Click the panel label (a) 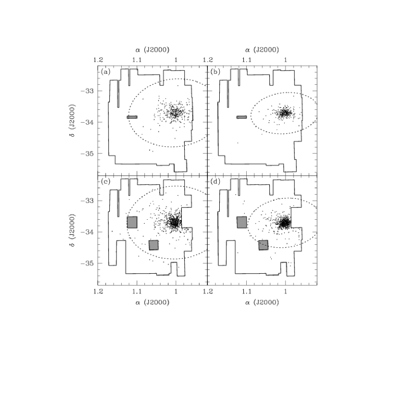[x=106, y=72]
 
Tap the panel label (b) [x=215, y=72]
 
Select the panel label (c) [x=106, y=181]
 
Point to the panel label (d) [x=215, y=181]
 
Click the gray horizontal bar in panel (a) [x=132, y=117]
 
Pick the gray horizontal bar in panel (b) [x=241, y=117]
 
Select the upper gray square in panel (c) [x=132, y=223]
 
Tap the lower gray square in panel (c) [x=153, y=245]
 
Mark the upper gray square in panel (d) [x=242, y=223]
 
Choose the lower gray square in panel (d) [x=263, y=245]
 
